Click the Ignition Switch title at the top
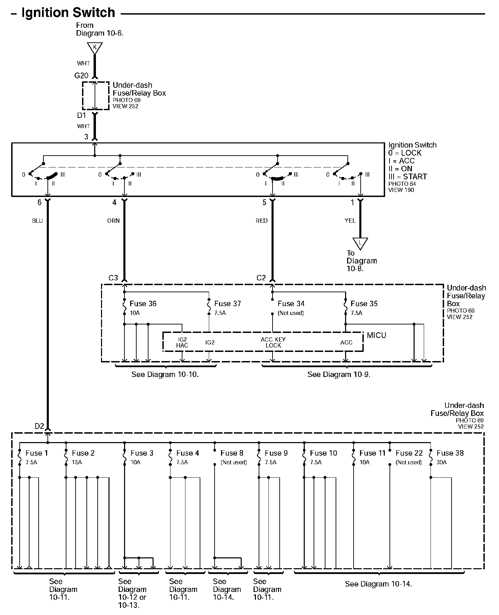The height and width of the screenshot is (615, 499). tap(68, 13)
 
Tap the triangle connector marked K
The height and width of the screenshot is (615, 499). tap(95, 48)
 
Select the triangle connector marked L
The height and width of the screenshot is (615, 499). tap(360, 243)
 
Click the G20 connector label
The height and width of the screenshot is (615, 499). tap(81, 76)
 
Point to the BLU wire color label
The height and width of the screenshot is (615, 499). tap(37, 221)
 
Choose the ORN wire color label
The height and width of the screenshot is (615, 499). tap(113, 221)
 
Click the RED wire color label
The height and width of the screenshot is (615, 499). tap(261, 221)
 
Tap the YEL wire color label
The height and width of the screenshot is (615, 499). tap(350, 221)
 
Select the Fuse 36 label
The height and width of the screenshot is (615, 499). tap(143, 304)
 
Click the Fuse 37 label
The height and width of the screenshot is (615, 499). tap(227, 304)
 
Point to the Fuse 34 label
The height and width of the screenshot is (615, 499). tap(291, 304)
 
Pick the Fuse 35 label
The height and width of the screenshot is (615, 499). tap(364, 304)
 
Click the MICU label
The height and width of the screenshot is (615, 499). tap(376, 335)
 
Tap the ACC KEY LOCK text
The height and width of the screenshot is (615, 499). tap(273, 342)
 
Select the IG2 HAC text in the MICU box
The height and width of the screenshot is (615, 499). tap(182, 342)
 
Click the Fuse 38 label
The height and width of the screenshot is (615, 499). tap(450, 453)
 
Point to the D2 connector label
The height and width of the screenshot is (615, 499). tap(39, 426)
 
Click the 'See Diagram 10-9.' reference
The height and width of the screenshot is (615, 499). tap(339, 375)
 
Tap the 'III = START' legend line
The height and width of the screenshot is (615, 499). tap(407, 176)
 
